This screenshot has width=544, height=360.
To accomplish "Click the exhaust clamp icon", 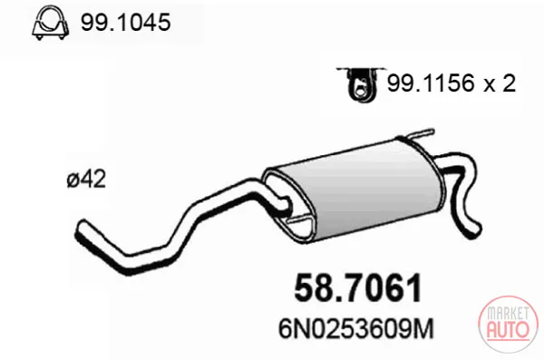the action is tap(50, 23).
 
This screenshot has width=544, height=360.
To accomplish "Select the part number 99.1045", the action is tap(126, 23).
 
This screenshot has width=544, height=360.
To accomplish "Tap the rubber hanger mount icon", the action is tap(361, 83).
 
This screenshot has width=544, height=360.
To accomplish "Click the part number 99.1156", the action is tap(431, 83).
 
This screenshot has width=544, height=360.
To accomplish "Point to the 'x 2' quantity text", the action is tap(500, 83).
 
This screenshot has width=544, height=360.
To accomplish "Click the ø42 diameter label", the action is tap(86, 180).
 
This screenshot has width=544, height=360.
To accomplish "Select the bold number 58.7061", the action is tap(358, 288).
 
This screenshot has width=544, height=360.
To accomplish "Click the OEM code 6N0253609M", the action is tap(356, 328).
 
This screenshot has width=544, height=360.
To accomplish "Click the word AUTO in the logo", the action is tap(509, 329).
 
